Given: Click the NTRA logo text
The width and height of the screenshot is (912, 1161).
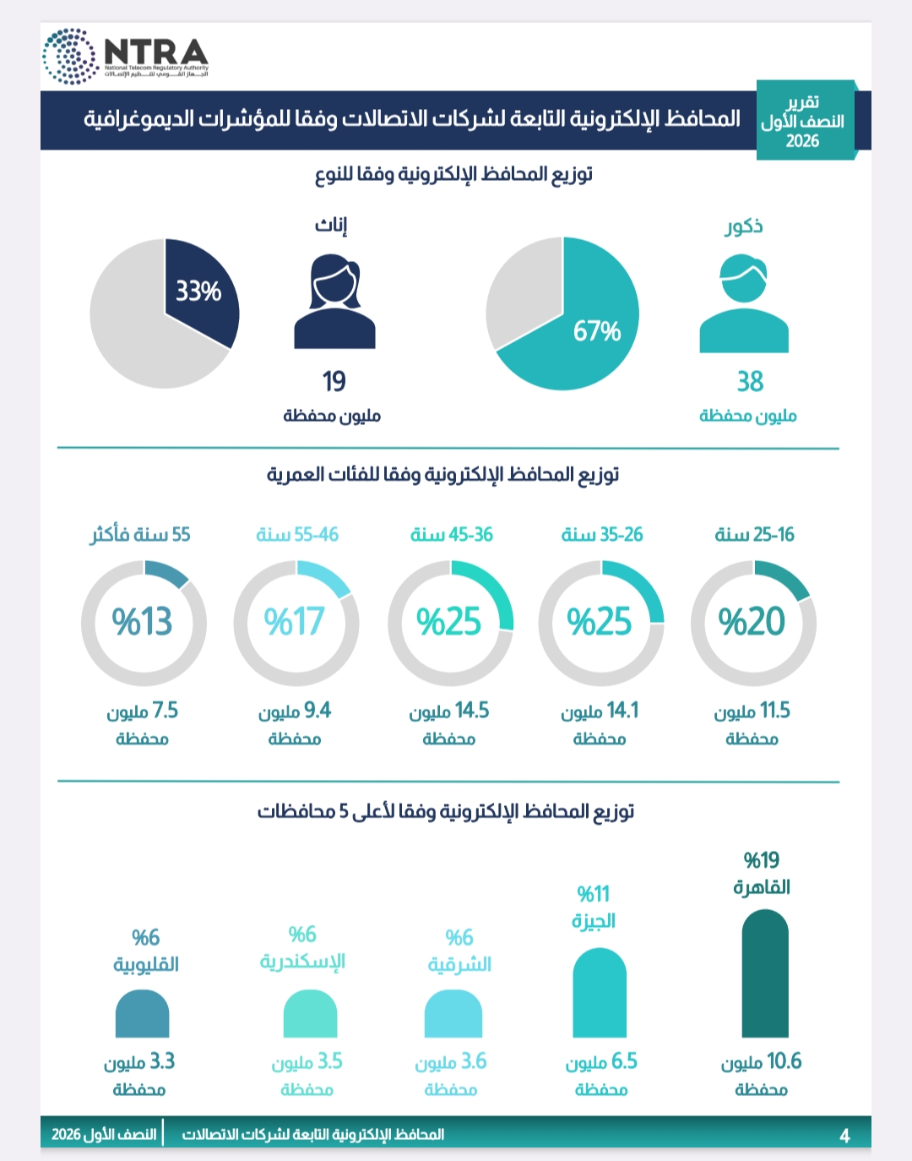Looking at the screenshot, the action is pos(156,52).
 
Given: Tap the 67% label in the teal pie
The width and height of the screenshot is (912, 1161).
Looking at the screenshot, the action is pos(597,331).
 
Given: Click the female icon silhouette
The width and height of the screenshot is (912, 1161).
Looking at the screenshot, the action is pos(334,302).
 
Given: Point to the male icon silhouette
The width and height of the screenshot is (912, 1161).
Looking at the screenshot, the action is pos(744,303).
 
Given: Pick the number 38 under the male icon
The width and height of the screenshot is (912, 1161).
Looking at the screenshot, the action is pos(750,381).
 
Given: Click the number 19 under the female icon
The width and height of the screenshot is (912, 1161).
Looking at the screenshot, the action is pos(334,381).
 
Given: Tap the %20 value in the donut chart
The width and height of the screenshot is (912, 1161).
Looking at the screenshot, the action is pos(752,621).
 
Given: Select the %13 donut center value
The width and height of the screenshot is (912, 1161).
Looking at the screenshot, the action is pos(142,621).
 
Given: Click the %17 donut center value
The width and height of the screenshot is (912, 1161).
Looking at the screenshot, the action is pos(294,621).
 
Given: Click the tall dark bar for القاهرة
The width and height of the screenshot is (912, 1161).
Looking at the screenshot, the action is pos(765,974).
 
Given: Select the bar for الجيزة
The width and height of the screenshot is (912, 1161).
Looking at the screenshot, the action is pos(600,993).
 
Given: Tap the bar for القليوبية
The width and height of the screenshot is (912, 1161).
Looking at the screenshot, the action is pos(142,1013).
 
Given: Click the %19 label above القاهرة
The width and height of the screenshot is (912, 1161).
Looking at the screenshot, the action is pos(762,861).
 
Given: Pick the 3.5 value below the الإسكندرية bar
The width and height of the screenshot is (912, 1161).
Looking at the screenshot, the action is pos(328,1061).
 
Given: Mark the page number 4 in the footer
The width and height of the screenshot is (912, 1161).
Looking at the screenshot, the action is pos(844,1136).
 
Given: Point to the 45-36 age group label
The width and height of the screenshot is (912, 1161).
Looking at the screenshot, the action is pos(451,535).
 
